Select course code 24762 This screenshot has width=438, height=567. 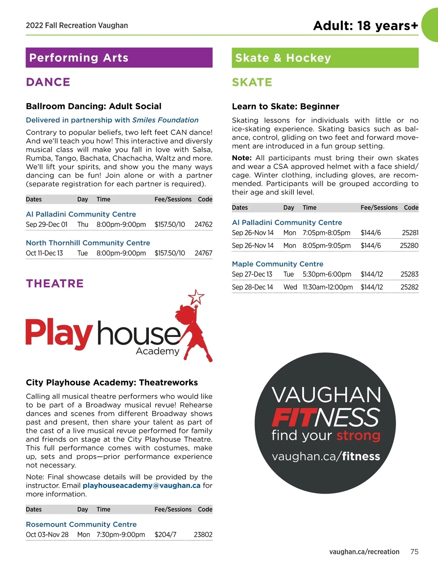tap(203, 225)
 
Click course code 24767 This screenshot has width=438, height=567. tap(203, 253)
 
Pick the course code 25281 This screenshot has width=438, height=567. tap(410, 233)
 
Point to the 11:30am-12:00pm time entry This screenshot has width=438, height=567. tap(327, 287)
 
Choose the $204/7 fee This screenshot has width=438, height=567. tap(165, 535)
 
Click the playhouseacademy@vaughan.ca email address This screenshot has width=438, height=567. tap(142, 486)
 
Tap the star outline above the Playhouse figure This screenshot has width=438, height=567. tap(196, 296)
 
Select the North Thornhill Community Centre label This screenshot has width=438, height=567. tap(88, 243)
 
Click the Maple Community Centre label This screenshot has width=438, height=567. tap(277, 264)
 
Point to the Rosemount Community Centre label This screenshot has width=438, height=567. tap(81, 525)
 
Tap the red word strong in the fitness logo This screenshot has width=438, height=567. tap(358, 436)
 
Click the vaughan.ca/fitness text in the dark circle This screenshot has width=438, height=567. tap(326, 456)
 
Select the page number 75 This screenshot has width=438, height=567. tap(414, 552)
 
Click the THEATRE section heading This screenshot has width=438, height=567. tap(55, 283)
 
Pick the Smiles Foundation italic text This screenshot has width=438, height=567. tap(165, 120)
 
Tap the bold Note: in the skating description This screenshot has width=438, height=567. tap(242, 158)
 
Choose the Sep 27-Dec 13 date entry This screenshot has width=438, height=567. tap(252, 274)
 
